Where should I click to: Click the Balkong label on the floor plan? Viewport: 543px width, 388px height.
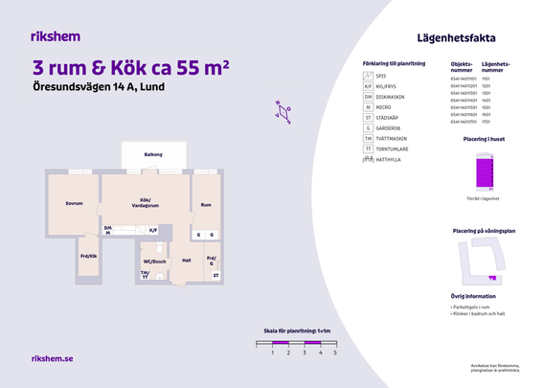click(x=153, y=154)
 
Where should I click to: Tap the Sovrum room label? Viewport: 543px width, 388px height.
click(x=74, y=203)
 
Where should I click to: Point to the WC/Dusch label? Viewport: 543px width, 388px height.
click(x=154, y=261)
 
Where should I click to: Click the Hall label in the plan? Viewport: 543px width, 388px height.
click(x=187, y=260)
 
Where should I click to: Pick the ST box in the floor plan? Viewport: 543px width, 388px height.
click(x=215, y=276)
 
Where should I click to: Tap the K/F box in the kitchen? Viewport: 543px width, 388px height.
click(x=152, y=230)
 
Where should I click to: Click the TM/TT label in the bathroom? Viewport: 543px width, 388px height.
click(x=145, y=275)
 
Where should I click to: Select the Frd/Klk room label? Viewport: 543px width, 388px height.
click(x=88, y=256)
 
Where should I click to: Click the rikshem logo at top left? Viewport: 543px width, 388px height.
click(x=56, y=36)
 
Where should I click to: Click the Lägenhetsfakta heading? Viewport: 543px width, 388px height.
click(x=457, y=38)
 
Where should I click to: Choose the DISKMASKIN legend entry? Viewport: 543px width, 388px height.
click(x=393, y=96)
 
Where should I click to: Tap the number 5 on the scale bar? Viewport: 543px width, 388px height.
click(x=335, y=353)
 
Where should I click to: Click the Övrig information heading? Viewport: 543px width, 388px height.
click(x=473, y=296)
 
